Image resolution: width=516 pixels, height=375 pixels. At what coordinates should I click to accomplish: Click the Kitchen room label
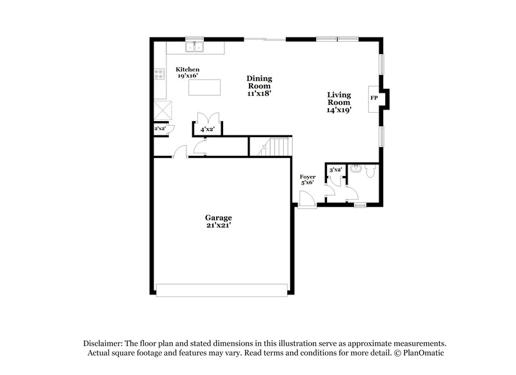coord(187,70)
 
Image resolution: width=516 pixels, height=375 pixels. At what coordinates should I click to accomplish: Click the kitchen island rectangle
coord(204,87)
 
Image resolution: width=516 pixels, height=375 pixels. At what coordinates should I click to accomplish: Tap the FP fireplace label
coord(373,98)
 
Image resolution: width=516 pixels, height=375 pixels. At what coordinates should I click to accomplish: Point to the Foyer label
coord(307,176)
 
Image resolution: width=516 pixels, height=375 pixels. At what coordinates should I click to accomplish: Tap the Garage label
coord(219,218)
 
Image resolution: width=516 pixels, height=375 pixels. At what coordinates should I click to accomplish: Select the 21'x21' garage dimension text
coord(219,226)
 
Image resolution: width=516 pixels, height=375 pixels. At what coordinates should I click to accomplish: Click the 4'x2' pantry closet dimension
coord(207,130)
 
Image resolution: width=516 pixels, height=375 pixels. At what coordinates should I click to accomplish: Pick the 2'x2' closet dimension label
coord(159,129)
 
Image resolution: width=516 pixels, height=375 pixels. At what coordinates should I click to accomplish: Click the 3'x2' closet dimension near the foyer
coord(335,170)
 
